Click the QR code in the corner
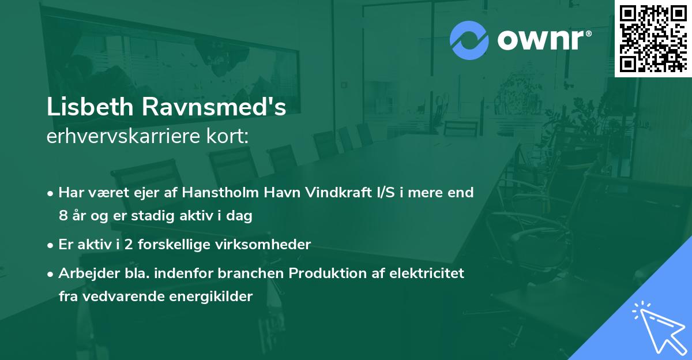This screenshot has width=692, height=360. [653, 38]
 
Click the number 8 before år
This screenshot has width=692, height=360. [63, 216]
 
